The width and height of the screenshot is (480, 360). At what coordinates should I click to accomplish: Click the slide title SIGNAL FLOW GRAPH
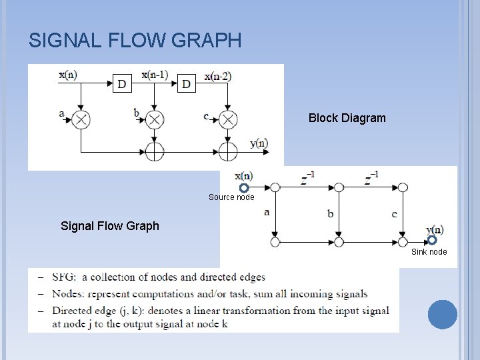(x=135, y=41)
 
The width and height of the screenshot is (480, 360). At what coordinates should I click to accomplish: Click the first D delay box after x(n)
(x=122, y=84)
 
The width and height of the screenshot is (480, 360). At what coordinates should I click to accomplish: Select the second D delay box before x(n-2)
(x=186, y=84)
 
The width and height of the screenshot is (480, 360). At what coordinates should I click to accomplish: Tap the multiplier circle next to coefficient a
(x=81, y=119)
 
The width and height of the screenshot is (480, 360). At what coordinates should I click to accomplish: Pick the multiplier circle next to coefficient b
(x=155, y=119)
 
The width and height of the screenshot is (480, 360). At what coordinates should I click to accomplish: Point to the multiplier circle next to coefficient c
(x=228, y=119)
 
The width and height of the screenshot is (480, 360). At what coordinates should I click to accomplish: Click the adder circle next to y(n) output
(x=228, y=151)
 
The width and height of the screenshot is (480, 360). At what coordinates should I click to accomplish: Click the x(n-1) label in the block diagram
(x=155, y=74)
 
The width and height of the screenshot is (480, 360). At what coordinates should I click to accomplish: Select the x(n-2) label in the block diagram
(x=218, y=76)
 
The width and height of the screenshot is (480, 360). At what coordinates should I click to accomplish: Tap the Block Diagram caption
(x=347, y=118)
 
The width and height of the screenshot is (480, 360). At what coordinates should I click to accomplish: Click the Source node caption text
(x=231, y=197)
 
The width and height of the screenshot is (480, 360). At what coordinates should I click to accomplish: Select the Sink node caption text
(x=429, y=252)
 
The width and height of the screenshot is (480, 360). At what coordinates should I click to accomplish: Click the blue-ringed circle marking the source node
(x=244, y=188)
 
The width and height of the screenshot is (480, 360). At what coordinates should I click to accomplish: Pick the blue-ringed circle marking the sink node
(x=432, y=240)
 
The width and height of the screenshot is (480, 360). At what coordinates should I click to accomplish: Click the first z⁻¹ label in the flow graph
(x=307, y=179)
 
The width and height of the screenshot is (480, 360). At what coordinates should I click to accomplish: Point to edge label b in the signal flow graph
(x=331, y=213)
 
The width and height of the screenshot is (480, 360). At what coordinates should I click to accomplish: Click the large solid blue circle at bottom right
(x=442, y=315)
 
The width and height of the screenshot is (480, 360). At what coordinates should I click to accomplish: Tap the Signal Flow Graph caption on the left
(x=110, y=225)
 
